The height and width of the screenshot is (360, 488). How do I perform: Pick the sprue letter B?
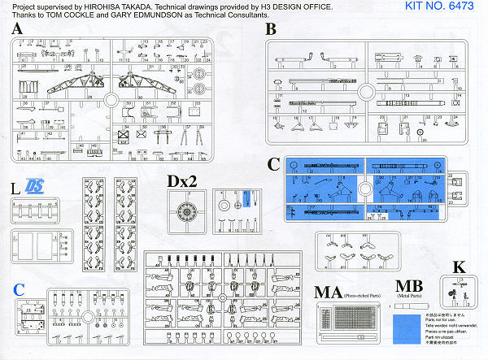pyautogui.click(x=271, y=30)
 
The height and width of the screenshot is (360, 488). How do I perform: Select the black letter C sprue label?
pyautogui.click(x=274, y=165)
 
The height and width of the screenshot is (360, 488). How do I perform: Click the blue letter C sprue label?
pyautogui.click(x=19, y=287)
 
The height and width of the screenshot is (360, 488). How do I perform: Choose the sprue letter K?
pyautogui.click(x=459, y=267)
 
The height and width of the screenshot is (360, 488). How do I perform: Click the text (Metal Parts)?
pyautogui.click(x=409, y=297)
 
